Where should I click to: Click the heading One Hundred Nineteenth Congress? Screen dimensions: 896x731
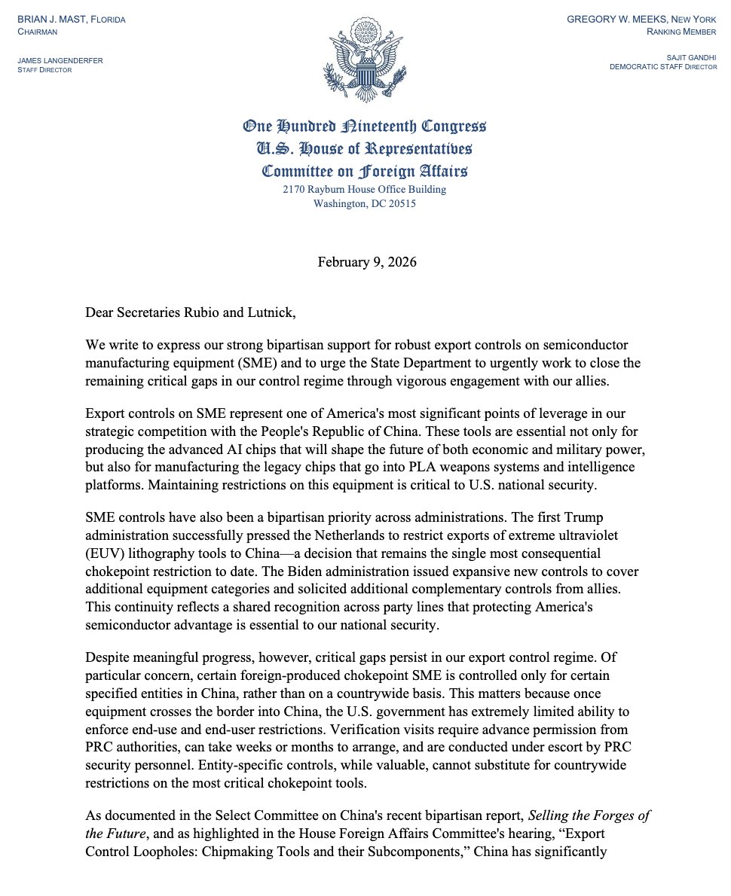[365, 126]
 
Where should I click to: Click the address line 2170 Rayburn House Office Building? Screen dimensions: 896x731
[365, 189]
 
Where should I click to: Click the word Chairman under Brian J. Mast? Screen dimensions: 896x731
[38, 32]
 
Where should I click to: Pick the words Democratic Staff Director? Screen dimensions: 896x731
[663, 66]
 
